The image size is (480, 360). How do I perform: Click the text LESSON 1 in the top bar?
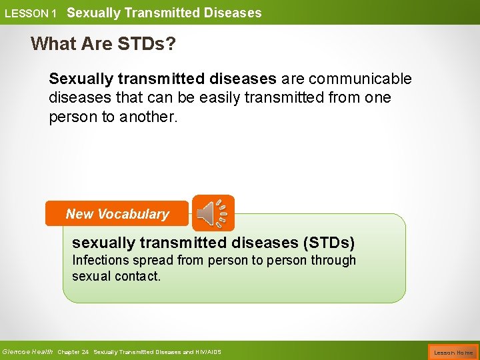(30, 13)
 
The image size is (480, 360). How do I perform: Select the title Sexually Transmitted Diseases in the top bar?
(164, 13)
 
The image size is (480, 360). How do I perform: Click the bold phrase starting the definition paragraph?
(162, 79)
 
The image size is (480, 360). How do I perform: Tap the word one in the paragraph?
(378, 97)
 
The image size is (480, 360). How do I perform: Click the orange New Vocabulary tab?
(117, 214)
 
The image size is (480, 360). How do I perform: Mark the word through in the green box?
(333, 260)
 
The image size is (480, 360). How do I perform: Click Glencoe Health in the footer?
(27, 351)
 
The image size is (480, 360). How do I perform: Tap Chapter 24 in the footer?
(73, 351)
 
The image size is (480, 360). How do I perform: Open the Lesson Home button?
(453, 351)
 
